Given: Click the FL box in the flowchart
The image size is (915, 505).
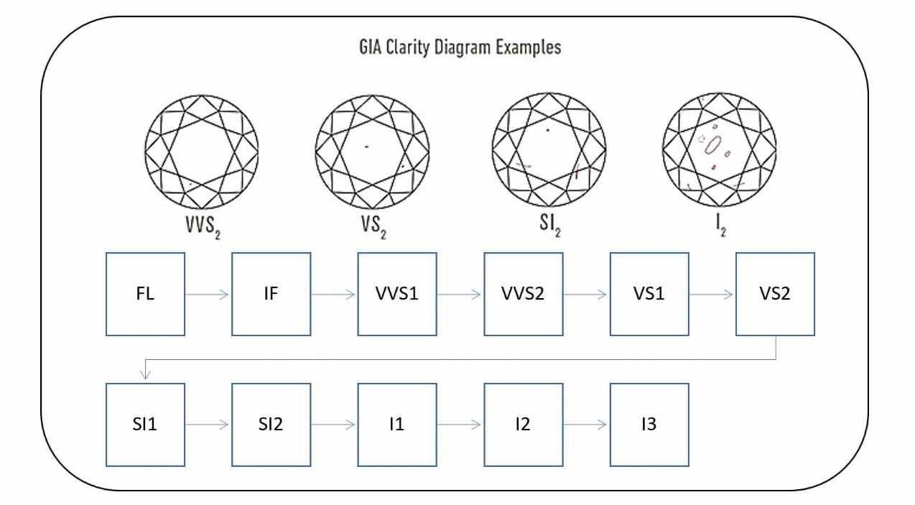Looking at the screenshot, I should point(145,294).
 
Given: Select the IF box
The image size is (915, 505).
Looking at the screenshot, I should point(271,294).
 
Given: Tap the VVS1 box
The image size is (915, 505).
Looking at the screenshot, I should point(397,294).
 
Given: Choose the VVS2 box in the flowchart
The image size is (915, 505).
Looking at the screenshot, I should point(523,294).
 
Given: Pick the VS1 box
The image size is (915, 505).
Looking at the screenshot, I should point(649,294).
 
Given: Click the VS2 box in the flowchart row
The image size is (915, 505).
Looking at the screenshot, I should point(775,294).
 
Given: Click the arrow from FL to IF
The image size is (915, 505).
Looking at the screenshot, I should point(208,294).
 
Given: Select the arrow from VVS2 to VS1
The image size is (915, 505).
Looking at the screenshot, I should point(586,294).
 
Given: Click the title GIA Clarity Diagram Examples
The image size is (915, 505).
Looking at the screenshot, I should point(459,50).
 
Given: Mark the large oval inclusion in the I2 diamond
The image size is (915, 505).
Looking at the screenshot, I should point(714,145).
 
